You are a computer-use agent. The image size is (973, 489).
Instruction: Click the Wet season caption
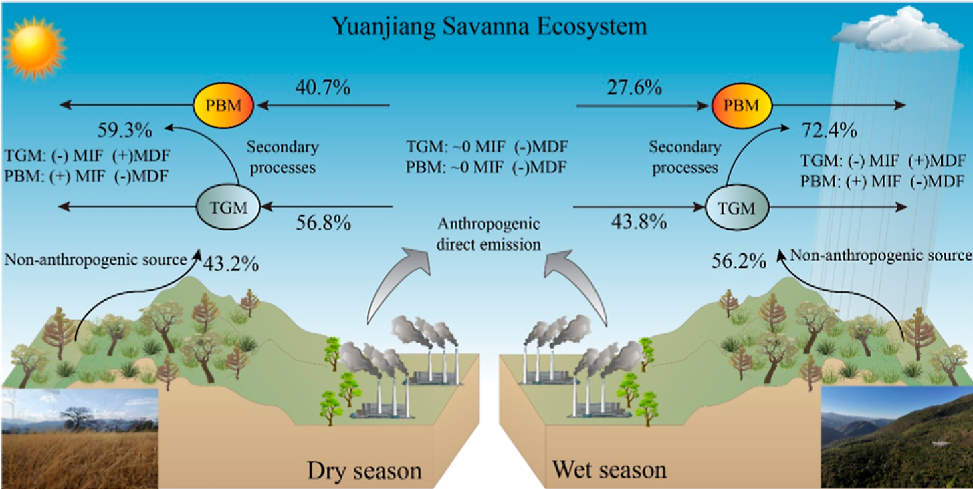609,469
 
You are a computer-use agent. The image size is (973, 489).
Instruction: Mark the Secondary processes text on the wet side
683,157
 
